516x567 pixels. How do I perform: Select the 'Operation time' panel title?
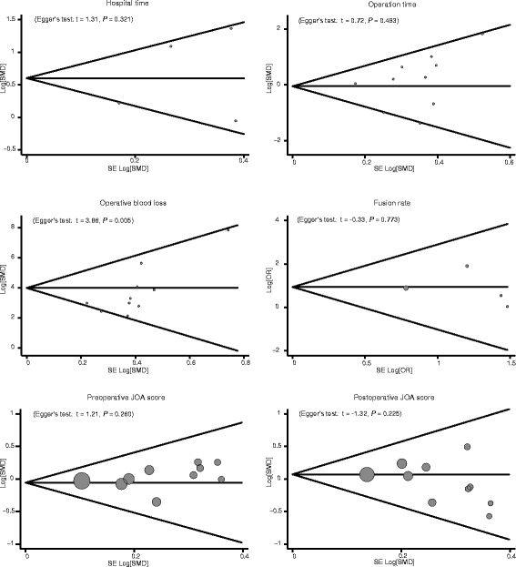point(400,4)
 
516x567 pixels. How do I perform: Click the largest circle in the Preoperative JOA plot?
point(82,481)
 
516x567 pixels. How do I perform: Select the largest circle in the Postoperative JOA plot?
point(367,474)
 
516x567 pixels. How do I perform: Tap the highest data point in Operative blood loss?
point(228,229)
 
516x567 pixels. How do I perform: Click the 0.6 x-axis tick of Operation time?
point(509,161)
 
